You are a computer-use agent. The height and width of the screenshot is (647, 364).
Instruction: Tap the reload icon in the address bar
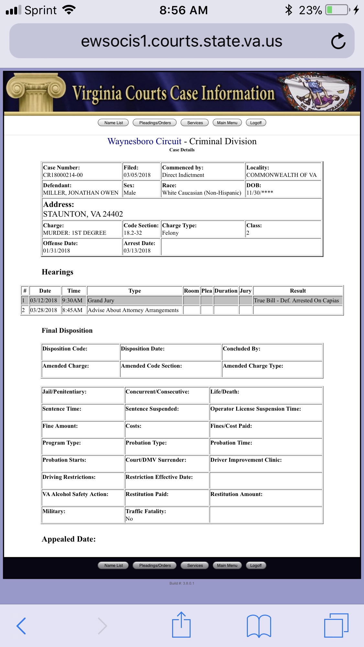coord(338,41)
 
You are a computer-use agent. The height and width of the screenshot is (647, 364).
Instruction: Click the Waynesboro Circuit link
coord(144,141)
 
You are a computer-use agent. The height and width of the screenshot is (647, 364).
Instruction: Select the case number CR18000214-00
coord(63,175)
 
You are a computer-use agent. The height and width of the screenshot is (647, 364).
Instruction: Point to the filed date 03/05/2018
coord(137,175)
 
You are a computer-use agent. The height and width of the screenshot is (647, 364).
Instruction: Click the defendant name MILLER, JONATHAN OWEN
coord(81,193)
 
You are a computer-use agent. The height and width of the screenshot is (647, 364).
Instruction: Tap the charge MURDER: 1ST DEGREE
coord(74,233)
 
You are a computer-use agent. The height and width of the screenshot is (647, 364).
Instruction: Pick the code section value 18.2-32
coord(133,233)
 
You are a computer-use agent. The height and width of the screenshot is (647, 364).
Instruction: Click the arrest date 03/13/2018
coord(137,251)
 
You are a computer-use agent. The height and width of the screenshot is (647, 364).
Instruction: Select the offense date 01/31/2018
coord(56,251)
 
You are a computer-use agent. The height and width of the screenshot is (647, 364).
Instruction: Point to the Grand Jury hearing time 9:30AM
coord(72,300)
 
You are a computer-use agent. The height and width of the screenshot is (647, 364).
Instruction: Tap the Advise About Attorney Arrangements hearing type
coord(133,310)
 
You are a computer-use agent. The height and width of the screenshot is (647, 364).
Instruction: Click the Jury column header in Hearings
coord(246,291)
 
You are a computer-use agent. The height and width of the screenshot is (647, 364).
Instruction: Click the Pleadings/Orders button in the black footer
coord(155,566)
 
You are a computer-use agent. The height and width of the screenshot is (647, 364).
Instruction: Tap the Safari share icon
coord(181,625)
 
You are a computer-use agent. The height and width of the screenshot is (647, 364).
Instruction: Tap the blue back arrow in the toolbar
coord(21,626)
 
